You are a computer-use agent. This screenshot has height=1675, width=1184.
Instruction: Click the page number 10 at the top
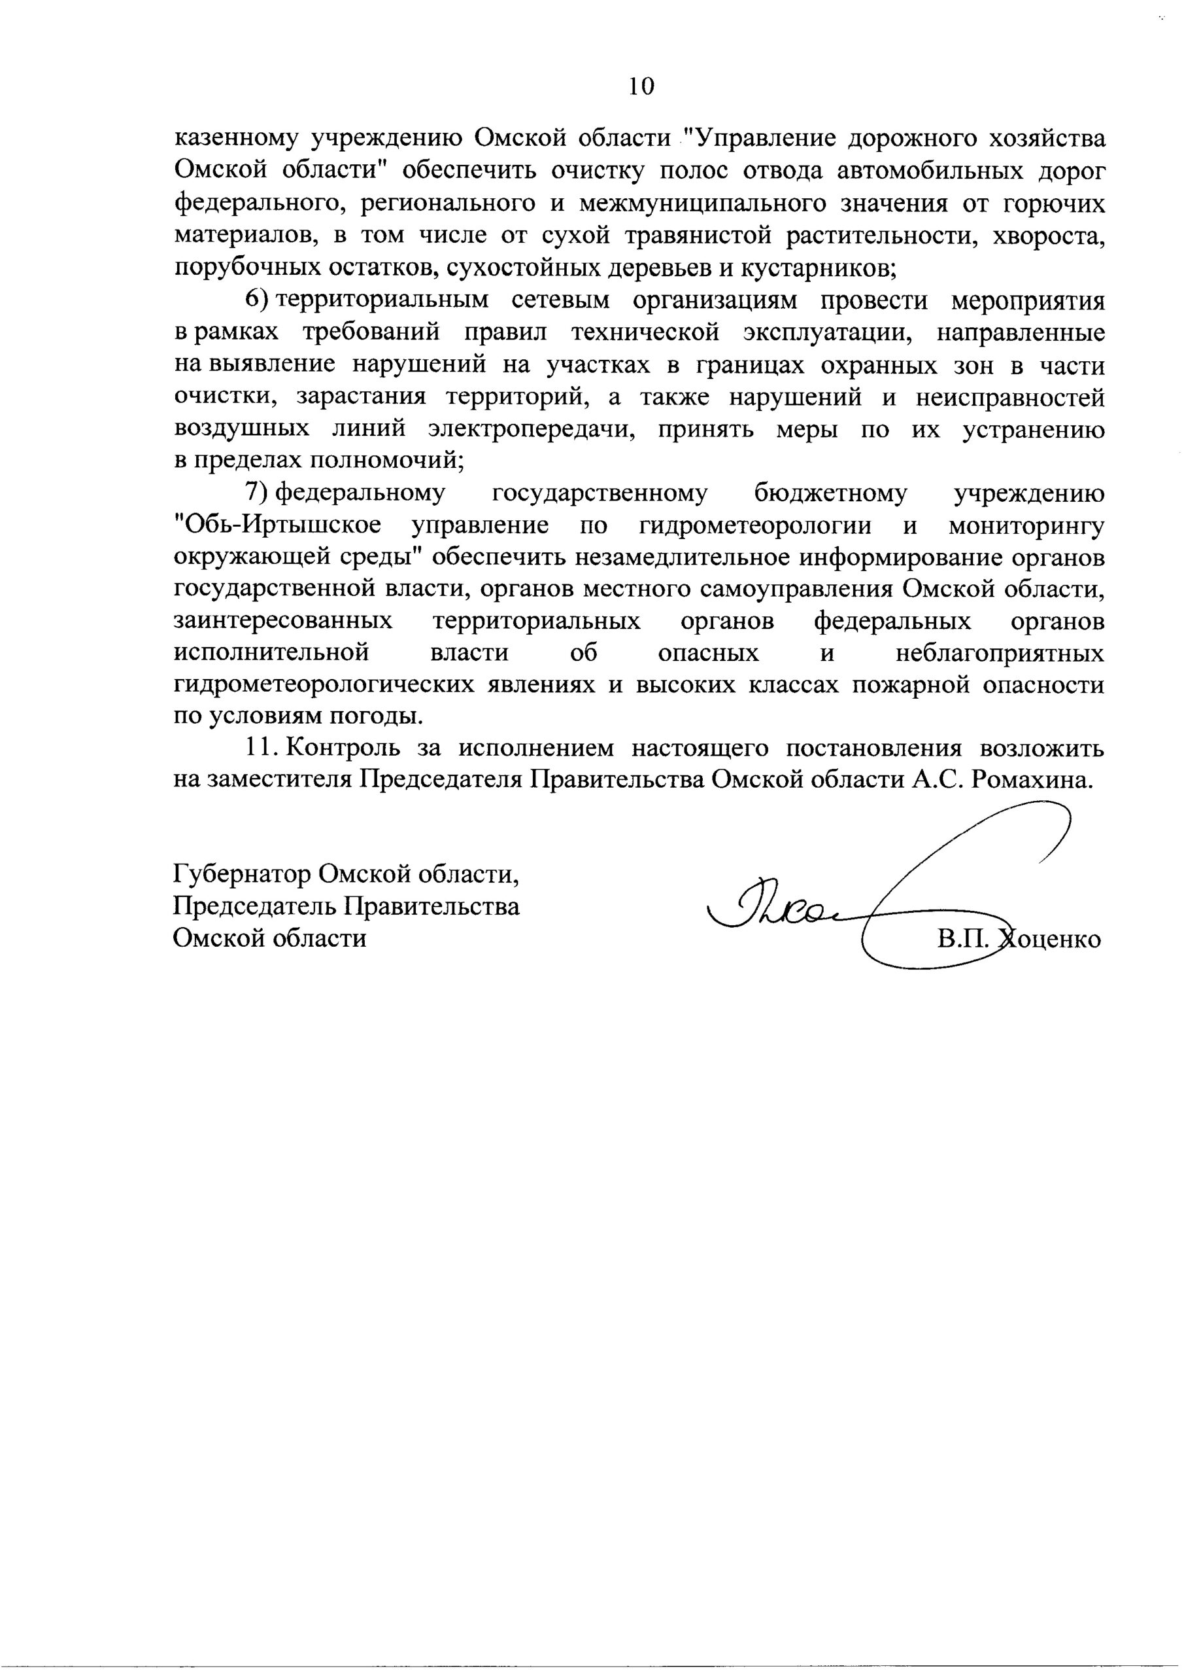pos(641,87)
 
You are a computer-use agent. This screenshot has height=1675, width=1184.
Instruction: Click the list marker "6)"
pos(258,300)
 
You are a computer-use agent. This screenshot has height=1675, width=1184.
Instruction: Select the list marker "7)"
pos(258,494)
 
